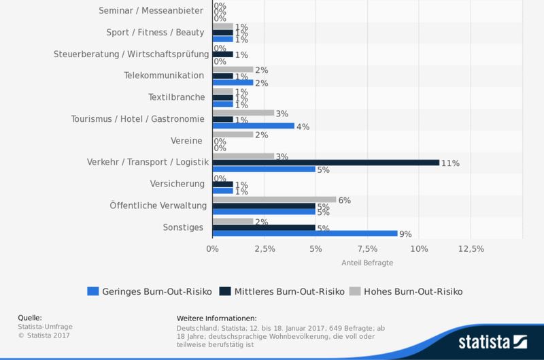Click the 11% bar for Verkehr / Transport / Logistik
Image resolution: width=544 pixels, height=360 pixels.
click(x=326, y=163)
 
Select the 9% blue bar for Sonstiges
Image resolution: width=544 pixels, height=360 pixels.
click(x=305, y=233)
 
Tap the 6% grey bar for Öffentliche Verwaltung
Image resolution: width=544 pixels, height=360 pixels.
click(x=274, y=199)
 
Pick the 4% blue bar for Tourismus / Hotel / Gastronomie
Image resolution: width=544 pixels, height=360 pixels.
click(x=254, y=126)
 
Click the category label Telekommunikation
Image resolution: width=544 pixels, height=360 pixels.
click(x=164, y=76)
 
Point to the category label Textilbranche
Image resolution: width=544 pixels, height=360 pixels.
click(x=176, y=97)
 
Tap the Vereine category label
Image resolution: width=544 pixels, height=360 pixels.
click(x=187, y=140)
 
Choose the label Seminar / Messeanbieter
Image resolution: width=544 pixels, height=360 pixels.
click(x=151, y=11)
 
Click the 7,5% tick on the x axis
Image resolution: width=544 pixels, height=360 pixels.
click(x=367, y=249)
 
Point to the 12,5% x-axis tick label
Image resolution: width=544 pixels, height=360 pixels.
click(x=470, y=249)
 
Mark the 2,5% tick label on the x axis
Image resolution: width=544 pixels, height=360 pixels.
click(x=264, y=249)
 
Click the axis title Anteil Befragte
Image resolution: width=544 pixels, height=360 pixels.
click(x=367, y=262)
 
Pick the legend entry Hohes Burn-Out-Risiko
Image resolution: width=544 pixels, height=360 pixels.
click(x=406, y=291)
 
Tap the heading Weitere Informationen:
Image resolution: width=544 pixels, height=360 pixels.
click(x=216, y=318)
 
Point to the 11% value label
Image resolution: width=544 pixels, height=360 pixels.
click(x=450, y=163)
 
